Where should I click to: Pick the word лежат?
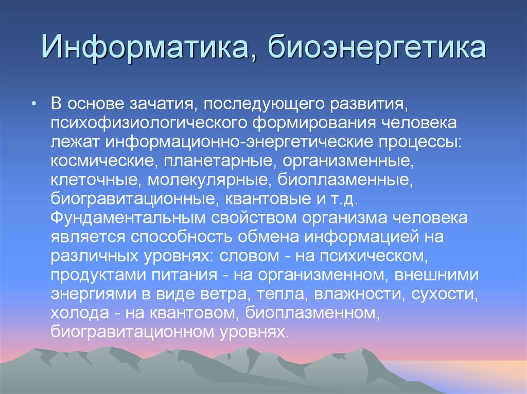tap(72, 142)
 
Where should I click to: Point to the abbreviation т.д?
tap(350, 198)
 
